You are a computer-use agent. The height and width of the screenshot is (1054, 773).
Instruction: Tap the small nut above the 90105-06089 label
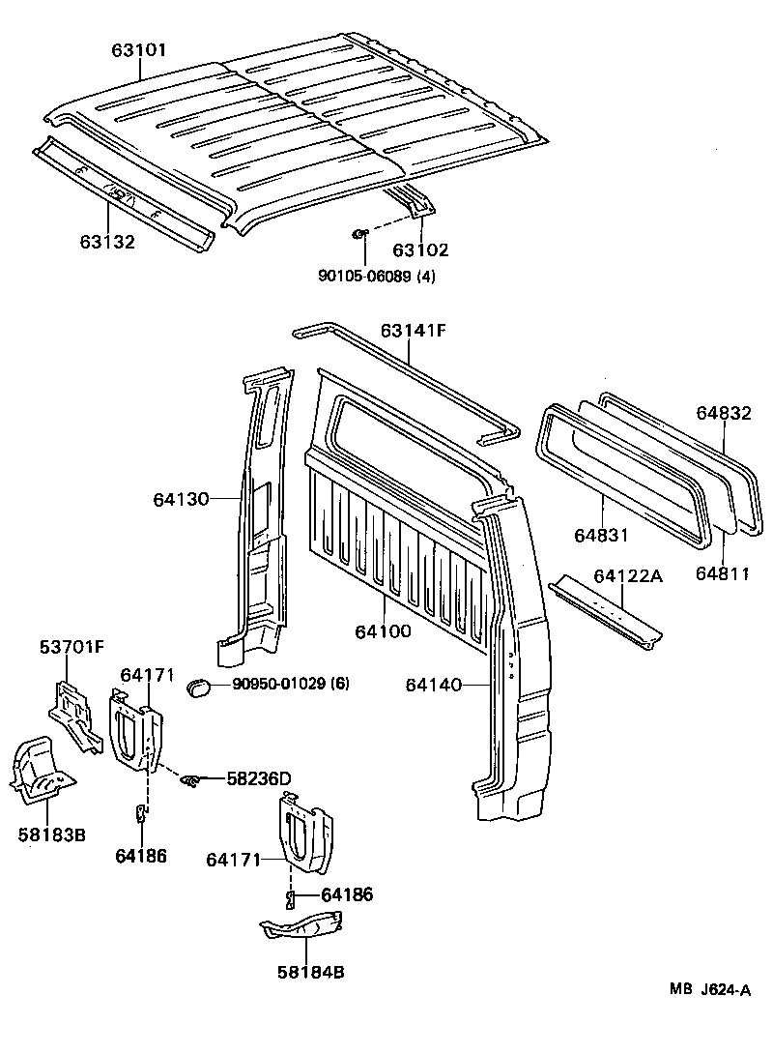[358, 233]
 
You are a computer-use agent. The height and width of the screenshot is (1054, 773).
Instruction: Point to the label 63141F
[413, 331]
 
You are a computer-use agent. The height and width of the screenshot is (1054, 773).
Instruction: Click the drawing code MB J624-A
[710, 989]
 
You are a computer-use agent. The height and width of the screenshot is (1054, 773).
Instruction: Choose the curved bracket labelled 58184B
[301, 928]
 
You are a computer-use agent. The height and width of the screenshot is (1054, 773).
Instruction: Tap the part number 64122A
[628, 576]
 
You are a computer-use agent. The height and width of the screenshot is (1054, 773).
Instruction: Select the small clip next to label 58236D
[191, 779]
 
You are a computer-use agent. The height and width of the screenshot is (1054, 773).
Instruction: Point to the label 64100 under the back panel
[383, 631]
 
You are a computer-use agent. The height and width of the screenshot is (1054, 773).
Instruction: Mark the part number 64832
[724, 412]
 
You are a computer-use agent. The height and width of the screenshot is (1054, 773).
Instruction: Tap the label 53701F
[72, 646]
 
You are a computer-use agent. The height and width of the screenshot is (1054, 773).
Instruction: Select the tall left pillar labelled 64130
[259, 512]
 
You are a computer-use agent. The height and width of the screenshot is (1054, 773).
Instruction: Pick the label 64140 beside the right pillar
[435, 684]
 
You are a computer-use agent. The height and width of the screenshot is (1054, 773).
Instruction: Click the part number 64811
[723, 573]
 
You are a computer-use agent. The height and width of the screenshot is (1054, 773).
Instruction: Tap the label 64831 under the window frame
[601, 535]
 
